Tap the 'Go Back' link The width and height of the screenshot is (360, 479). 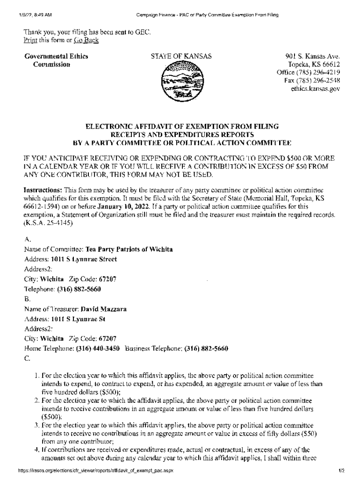click(x=86, y=40)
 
